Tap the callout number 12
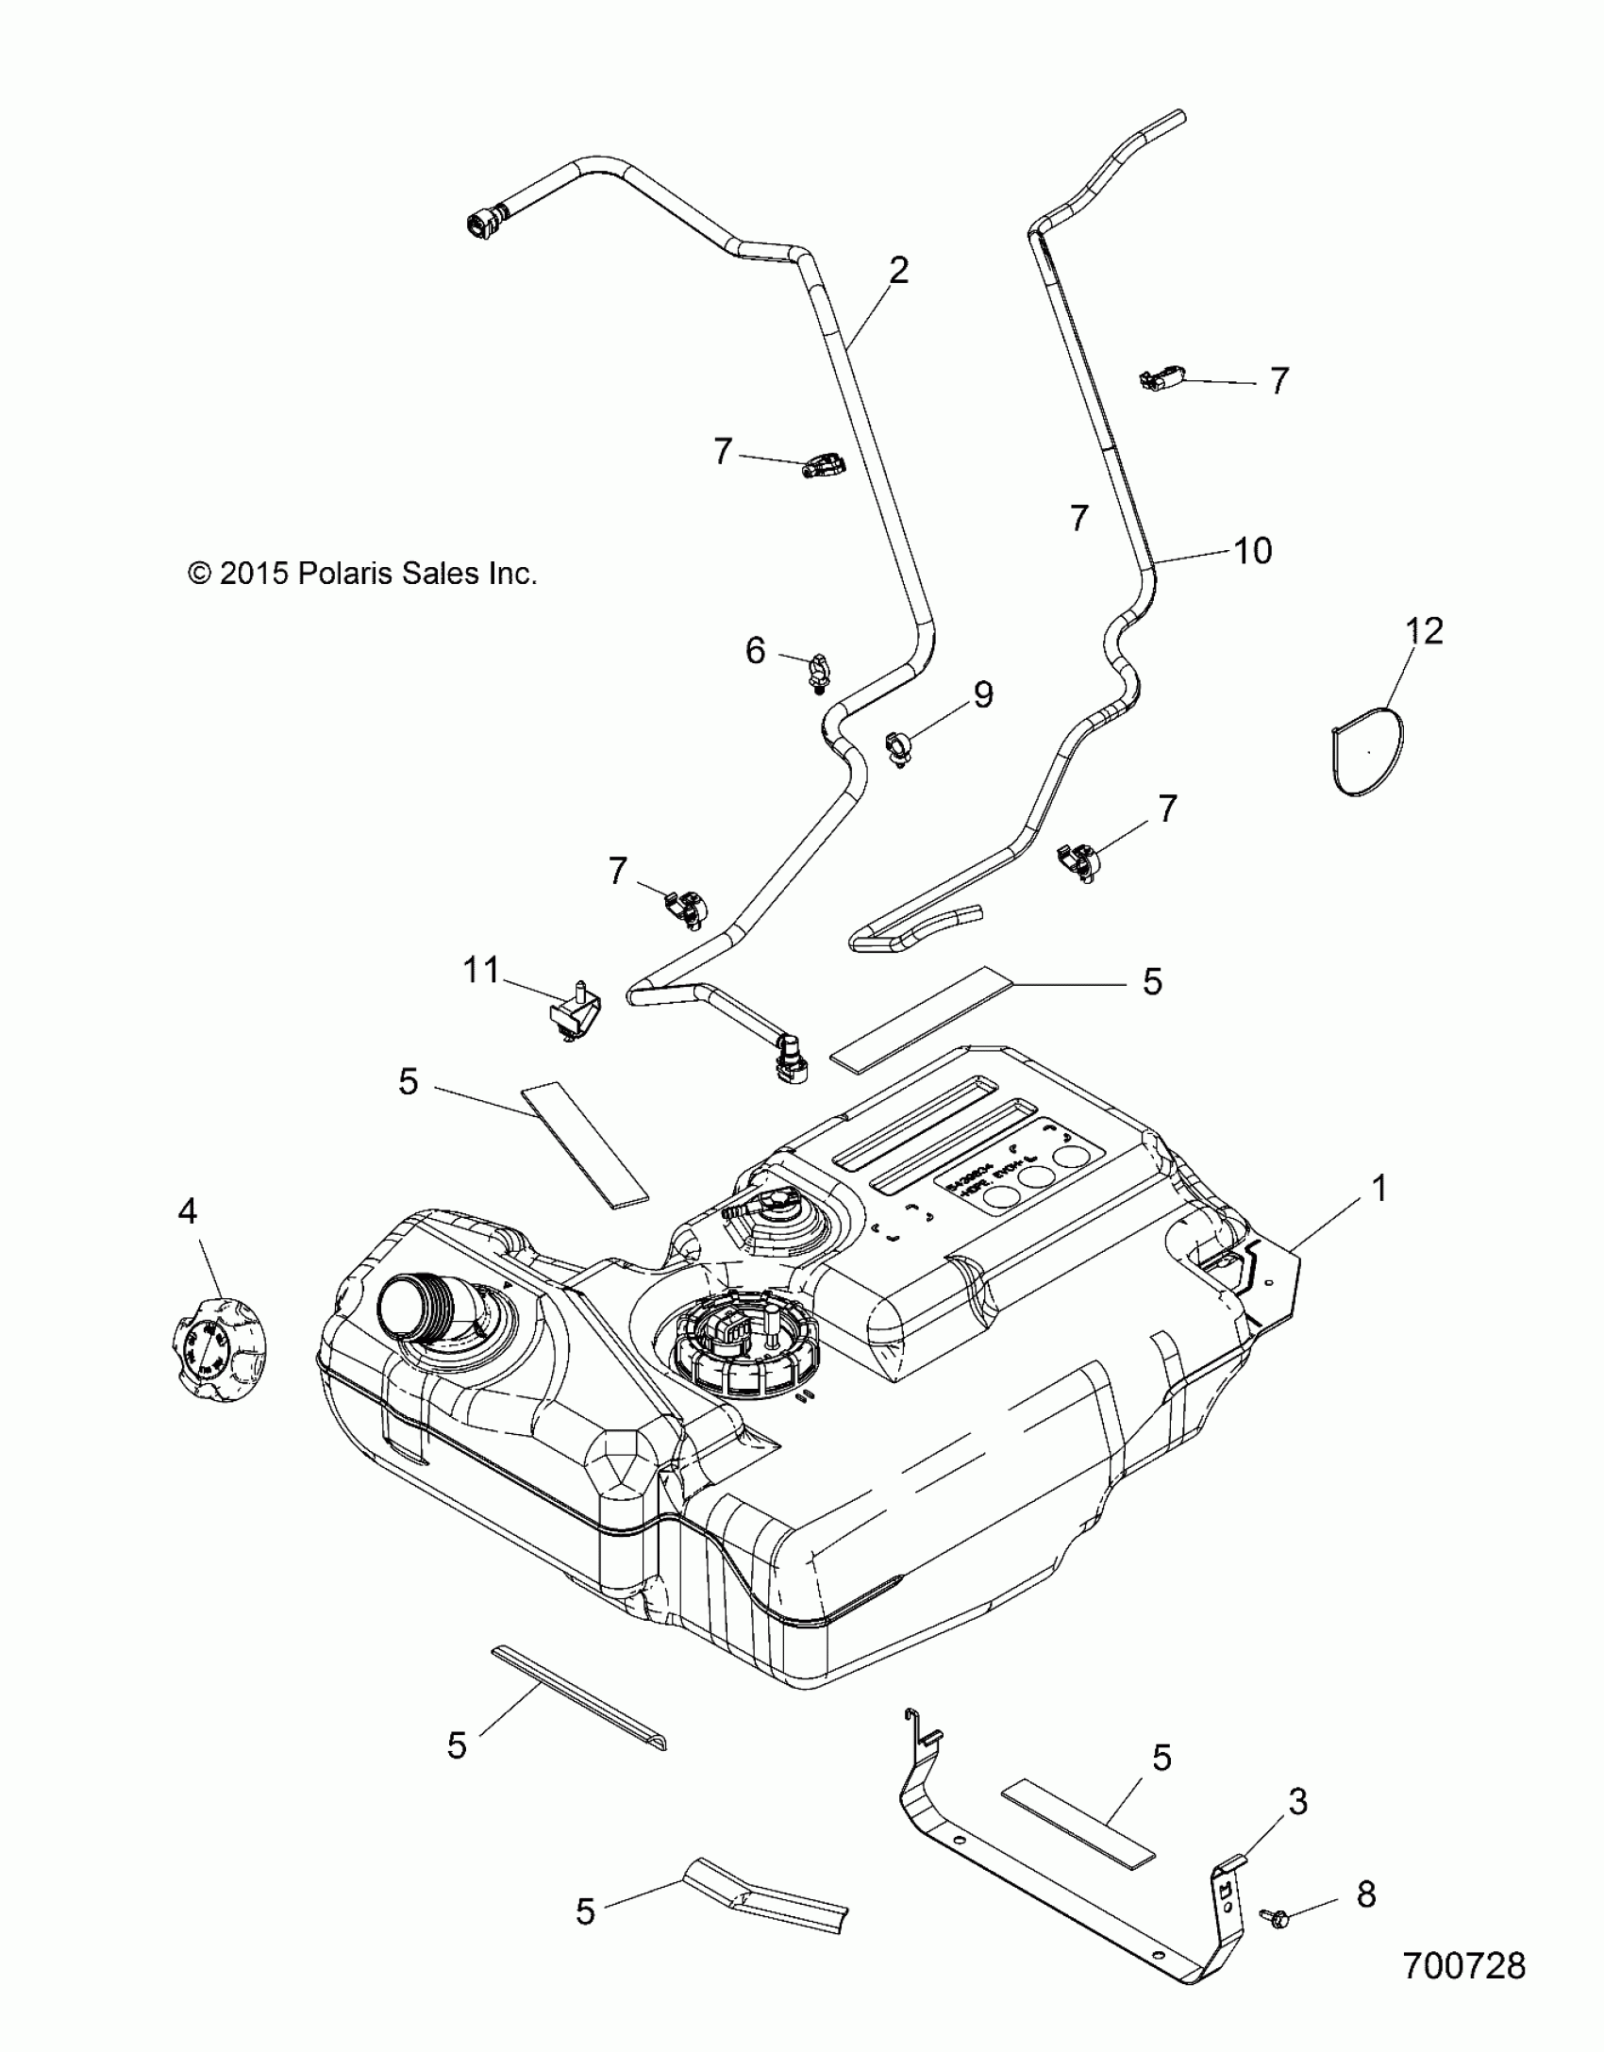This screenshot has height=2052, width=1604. (1425, 631)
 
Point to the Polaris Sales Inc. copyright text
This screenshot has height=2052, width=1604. (362, 573)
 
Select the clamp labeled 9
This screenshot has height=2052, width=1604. (896, 748)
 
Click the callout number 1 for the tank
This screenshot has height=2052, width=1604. (1379, 1189)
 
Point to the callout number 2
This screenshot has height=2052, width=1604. (898, 272)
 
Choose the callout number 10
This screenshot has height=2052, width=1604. (1253, 550)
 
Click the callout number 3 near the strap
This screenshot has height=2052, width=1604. (1298, 1803)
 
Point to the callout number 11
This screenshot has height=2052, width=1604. (480, 970)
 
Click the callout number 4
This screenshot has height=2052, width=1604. (187, 1211)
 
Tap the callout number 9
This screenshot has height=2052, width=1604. (983, 695)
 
